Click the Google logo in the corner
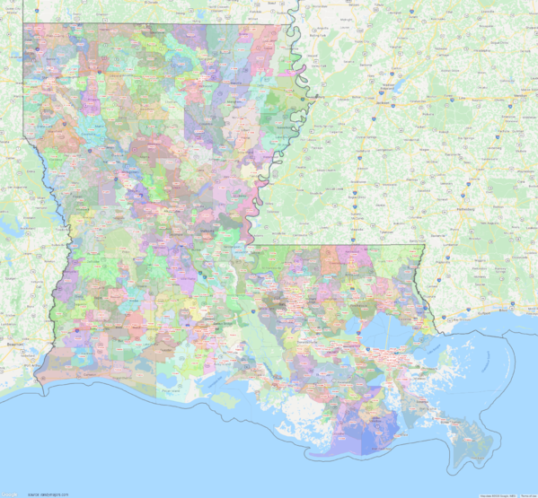[8, 493]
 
